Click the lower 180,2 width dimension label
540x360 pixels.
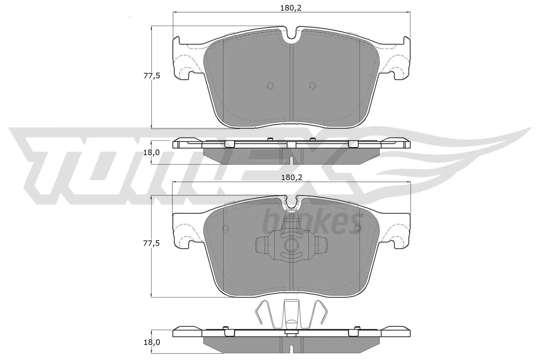tap(291, 177)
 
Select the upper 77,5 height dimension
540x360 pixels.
tap(152, 76)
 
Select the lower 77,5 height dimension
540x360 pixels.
tap(152, 243)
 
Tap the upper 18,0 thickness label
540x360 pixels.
tap(152, 153)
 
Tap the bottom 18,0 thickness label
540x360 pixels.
tap(152, 342)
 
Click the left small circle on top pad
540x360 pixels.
tap(270, 86)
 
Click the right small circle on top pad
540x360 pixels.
tap(313, 86)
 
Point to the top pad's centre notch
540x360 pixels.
tap(291, 34)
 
